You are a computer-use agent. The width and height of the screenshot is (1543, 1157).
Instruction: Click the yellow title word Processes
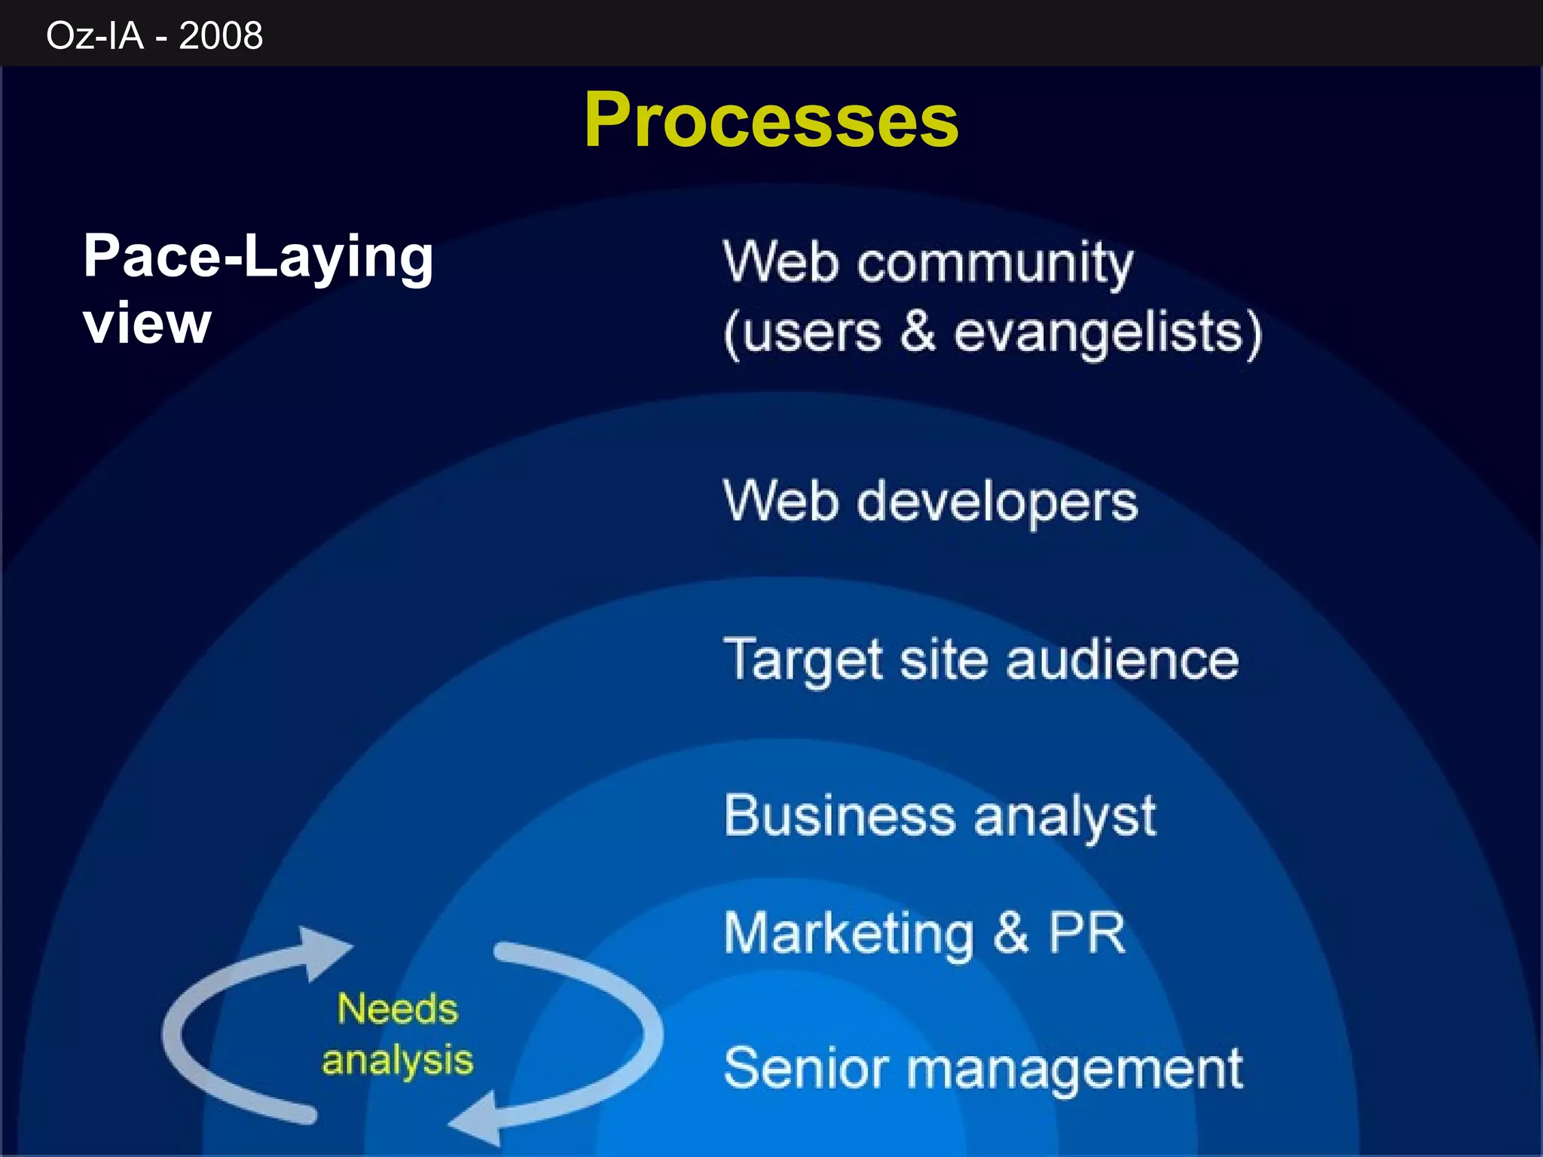[771, 121]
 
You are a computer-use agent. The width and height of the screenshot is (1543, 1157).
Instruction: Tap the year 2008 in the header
[221, 35]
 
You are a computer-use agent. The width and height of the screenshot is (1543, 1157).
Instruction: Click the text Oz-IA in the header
[95, 35]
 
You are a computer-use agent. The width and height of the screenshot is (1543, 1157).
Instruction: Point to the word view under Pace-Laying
[147, 324]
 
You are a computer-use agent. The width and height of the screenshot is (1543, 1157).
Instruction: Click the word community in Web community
[995, 264]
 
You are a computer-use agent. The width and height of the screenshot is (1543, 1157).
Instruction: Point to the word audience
[1122, 660]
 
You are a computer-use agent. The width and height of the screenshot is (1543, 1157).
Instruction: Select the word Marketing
[849, 934]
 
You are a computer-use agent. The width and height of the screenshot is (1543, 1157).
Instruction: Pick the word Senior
[806, 1068]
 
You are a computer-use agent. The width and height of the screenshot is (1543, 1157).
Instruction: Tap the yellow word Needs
[397, 1009]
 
